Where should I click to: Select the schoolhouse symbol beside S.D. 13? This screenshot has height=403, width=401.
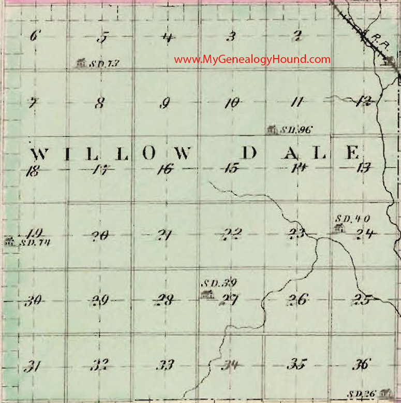pyautogui.click(x=80, y=63)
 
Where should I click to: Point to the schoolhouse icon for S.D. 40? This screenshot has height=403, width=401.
pyautogui.click(x=339, y=228)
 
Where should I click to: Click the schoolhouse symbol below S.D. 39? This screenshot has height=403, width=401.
pyautogui.click(x=206, y=295)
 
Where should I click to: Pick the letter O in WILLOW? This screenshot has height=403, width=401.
pyautogui.click(x=148, y=153)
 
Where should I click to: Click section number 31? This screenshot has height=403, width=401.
pyautogui.click(x=33, y=367)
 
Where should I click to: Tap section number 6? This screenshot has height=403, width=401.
pyautogui.click(x=35, y=36)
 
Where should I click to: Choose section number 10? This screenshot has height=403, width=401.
pyautogui.click(x=231, y=103)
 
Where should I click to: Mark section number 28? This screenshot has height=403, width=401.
pyautogui.click(x=166, y=300)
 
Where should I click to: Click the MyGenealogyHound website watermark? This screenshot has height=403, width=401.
pyautogui.click(x=252, y=60)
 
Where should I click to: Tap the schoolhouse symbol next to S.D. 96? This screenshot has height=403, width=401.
pyautogui.click(x=271, y=129)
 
